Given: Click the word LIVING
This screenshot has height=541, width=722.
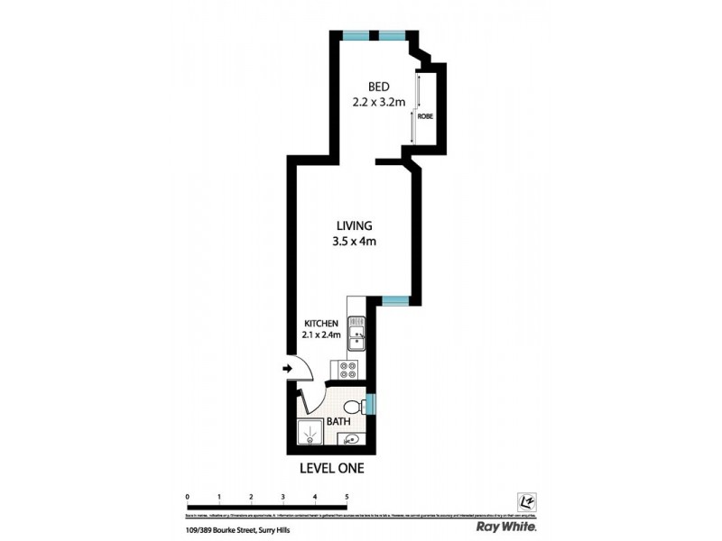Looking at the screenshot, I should point(354,225).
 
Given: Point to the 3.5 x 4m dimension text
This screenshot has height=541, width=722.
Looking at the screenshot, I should point(354,241).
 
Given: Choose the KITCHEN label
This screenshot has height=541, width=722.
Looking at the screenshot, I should point(320,324).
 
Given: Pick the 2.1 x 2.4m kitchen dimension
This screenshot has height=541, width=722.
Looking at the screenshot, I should point(320,337).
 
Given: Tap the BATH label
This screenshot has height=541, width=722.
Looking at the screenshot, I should point(340,421).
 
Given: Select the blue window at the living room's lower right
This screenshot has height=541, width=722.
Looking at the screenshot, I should point(394,300).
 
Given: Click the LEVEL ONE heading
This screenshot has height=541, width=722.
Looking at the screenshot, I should point(330,468).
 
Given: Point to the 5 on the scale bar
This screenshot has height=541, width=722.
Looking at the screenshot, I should point(347,496).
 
